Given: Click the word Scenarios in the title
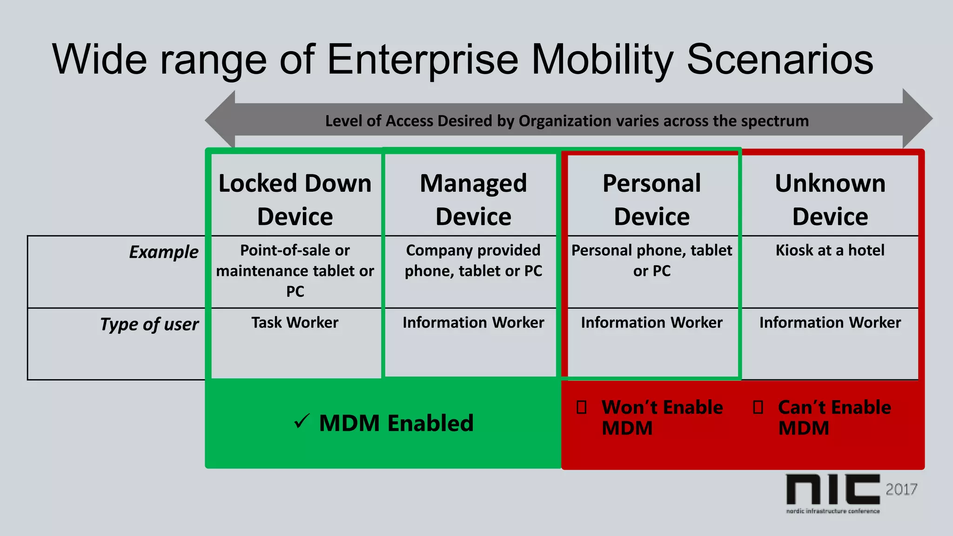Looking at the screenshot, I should pos(780,60).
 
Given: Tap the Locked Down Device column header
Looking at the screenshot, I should pos(295,200).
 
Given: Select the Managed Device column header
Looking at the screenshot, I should pos(473,200).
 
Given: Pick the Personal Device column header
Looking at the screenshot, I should pos(651,200).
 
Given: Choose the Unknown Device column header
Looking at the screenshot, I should pos(830,200).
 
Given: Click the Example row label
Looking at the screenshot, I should pos(163,252).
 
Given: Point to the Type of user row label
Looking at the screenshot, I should pos(149,324).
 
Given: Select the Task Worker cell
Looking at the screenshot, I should pos(295,322).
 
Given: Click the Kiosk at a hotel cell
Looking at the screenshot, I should pos(830,250).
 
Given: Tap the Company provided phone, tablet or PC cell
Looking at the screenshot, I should pos(473,261).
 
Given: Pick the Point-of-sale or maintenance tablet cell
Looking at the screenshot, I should pos(295,270).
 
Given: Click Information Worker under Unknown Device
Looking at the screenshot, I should pos(830,322).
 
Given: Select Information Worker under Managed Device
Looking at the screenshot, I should pos(473,322).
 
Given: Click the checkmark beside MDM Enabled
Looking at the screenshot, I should pos(302,421).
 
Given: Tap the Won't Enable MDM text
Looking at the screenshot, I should pos(662,417).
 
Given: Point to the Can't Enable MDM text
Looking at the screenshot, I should pos(834,417).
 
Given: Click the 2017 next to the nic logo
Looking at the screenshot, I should pos(901,489).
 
